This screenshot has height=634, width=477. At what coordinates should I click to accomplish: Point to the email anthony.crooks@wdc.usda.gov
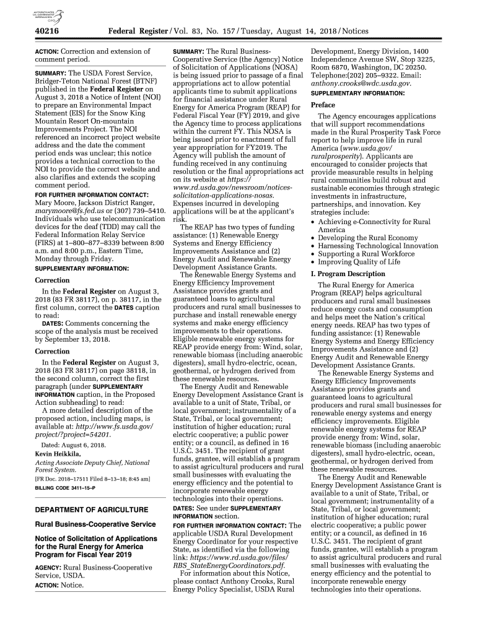point(361,84)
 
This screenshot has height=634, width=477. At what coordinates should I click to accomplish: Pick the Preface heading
point(323,105)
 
